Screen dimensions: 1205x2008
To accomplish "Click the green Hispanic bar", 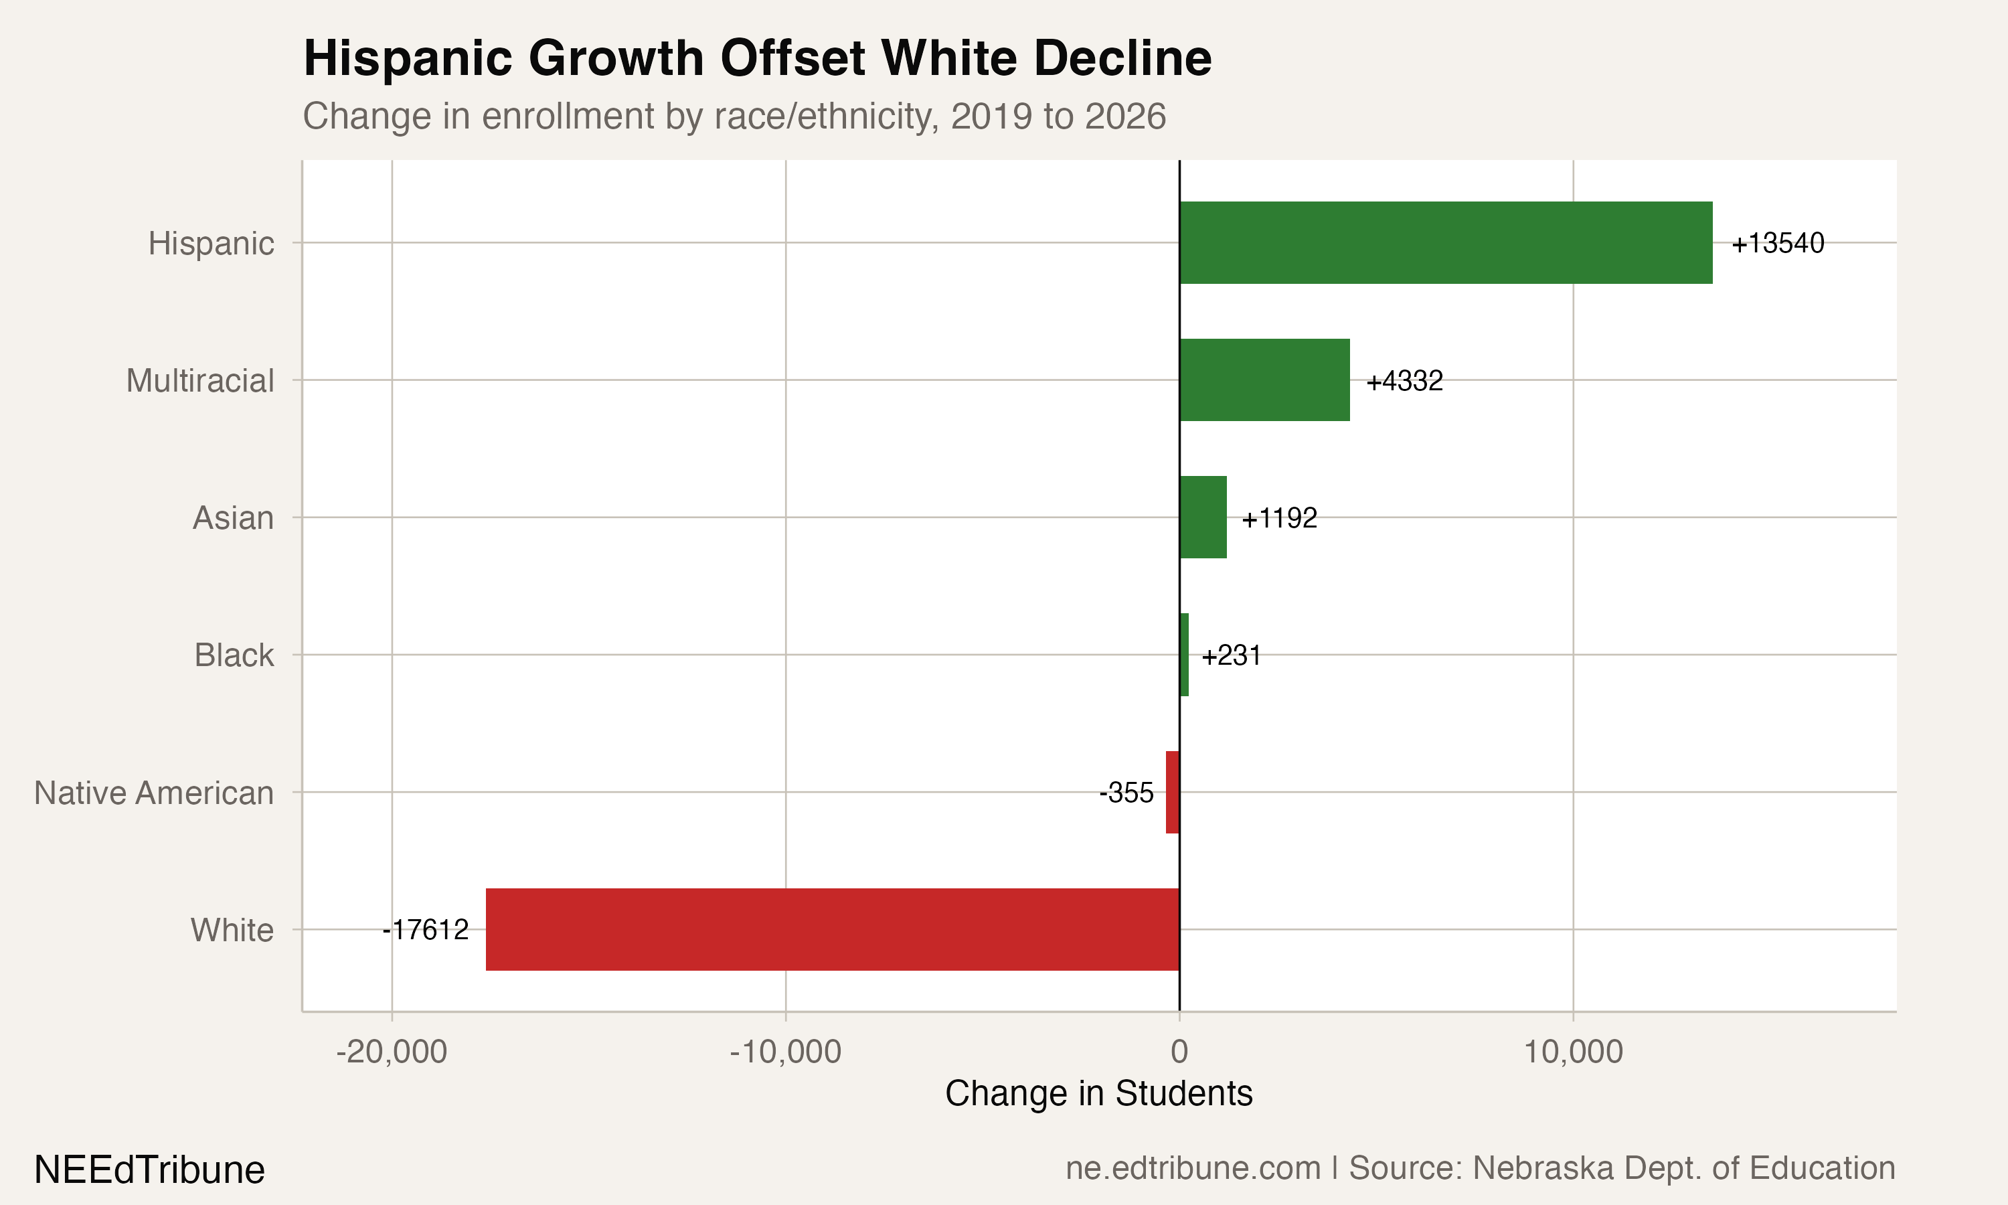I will pos(1444,243).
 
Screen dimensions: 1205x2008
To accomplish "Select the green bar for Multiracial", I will pos(1264,380).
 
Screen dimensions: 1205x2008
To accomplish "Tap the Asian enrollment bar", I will pos(1203,517).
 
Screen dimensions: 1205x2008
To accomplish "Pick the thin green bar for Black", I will pos(1184,655).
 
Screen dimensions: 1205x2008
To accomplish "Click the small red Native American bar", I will pos(1172,792).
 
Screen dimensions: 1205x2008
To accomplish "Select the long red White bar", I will pos(832,929).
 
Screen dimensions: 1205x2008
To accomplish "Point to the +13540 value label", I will pos(1778,243).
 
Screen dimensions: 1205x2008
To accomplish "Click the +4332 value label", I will pos(1404,380).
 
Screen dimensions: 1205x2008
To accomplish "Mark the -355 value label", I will pos(1126,792).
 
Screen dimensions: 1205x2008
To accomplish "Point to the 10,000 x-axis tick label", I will pos(1573,1052).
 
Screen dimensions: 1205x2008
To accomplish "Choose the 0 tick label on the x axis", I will pos(1179,1052).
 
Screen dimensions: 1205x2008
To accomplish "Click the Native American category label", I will pos(153,793).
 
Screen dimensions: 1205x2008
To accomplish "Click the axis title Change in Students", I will pos(1098,1093).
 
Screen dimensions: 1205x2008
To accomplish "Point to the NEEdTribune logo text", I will pos(149,1170).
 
